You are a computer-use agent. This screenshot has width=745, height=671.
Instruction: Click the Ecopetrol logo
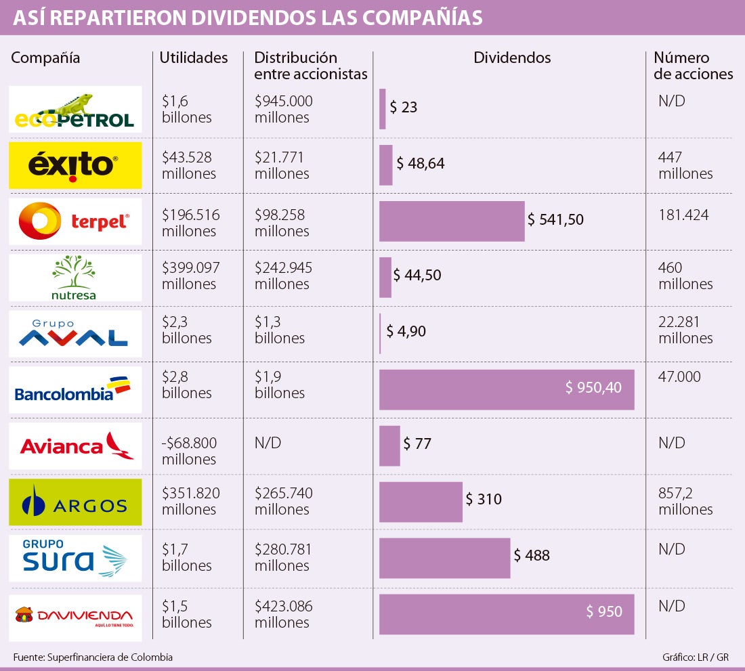pyautogui.click(x=75, y=110)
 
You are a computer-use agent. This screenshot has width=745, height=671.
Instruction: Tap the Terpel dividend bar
pyautogui.click(x=452, y=221)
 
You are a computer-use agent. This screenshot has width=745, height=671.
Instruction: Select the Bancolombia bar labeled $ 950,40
pyautogui.click(x=507, y=389)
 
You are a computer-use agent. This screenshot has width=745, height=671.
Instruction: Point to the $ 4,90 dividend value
pyautogui.click(x=406, y=332)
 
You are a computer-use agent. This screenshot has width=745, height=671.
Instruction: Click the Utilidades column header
pyautogui.click(x=194, y=58)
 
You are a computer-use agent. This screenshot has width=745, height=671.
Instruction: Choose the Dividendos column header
pyautogui.click(x=512, y=58)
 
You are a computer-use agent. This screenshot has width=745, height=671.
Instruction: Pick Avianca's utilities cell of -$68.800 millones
pyautogui.click(x=190, y=451)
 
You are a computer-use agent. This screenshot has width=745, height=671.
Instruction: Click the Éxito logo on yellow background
pyautogui.click(x=75, y=165)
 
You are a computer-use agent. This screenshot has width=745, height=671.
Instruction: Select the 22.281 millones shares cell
pyautogui.click(x=685, y=330)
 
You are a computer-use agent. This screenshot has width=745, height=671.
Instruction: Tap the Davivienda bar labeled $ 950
pyautogui.click(x=507, y=614)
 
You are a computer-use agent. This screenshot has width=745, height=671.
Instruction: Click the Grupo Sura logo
pyautogui.click(x=75, y=558)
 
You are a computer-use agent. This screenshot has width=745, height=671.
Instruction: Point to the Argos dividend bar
pyautogui.click(x=421, y=502)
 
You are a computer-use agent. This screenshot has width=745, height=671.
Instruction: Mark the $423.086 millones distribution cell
pyautogui.click(x=284, y=614)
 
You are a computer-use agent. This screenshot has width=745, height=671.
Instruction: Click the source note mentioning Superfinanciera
pyautogui.click(x=93, y=657)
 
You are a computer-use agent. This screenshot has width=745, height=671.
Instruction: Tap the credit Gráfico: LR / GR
pyautogui.click(x=696, y=657)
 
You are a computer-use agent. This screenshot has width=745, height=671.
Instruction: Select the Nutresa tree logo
pyautogui.click(x=74, y=277)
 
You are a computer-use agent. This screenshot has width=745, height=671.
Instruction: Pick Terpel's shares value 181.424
pyautogui.click(x=683, y=216)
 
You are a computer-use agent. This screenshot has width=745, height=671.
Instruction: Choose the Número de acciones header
pyautogui.click(x=693, y=66)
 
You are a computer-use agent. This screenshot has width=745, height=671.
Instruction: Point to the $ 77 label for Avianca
pyautogui.click(x=417, y=444)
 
